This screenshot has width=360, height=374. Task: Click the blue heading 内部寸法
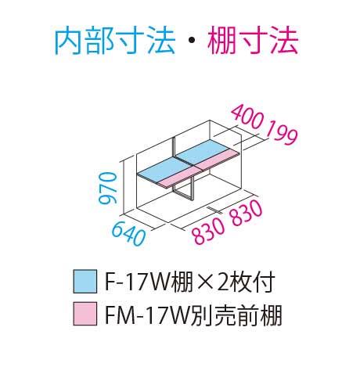(114, 41)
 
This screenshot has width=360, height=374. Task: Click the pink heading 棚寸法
(253, 41)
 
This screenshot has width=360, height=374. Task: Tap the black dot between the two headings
(191, 41)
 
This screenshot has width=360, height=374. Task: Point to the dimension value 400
(247, 117)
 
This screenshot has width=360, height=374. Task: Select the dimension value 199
(282, 132)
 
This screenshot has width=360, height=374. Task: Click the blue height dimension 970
(107, 188)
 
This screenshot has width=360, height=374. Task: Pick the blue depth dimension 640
(128, 234)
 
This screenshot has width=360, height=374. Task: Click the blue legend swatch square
(85, 282)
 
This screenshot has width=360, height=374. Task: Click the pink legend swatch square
(85, 314)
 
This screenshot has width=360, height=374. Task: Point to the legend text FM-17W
(147, 315)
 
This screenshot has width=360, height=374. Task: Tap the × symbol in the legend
(207, 282)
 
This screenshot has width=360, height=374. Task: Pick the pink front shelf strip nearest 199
(218, 160)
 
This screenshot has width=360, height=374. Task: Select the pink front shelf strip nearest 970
(179, 178)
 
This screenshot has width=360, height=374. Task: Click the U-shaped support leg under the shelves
(185, 189)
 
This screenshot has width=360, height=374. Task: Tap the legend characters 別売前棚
(236, 315)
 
